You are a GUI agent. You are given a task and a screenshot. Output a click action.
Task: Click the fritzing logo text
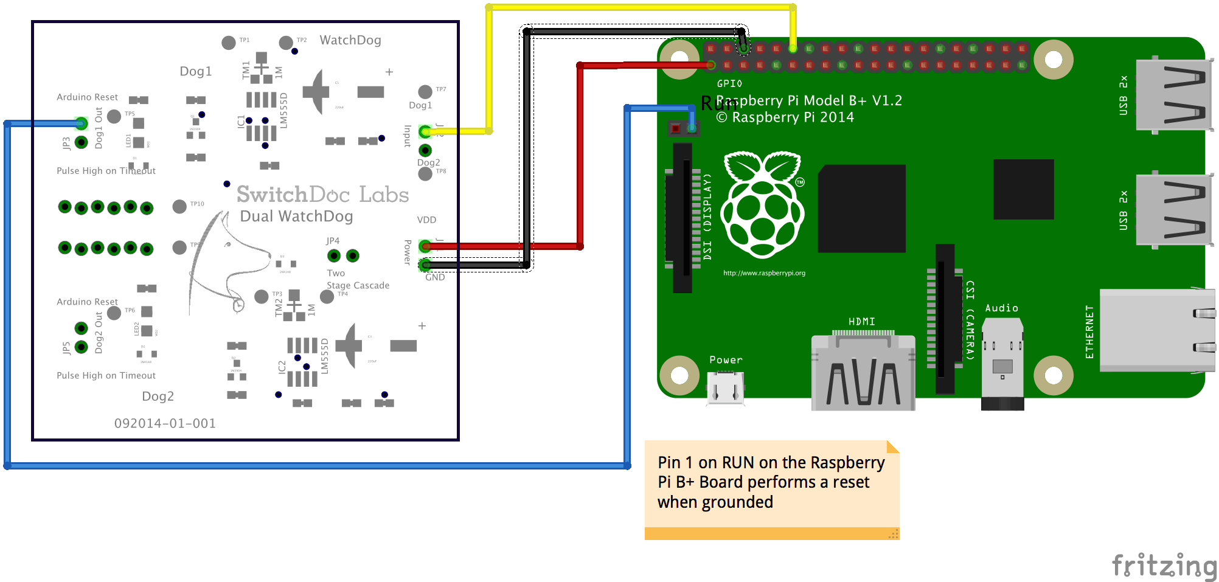(1164, 565)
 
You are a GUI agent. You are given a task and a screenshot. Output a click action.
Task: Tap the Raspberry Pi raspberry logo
(762, 204)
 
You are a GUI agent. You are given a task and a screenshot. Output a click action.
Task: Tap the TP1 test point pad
(229, 43)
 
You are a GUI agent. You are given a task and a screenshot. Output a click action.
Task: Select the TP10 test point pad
(179, 207)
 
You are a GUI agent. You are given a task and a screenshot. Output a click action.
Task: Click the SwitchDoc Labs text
(322, 195)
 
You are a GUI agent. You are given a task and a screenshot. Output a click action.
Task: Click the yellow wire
(639, 7)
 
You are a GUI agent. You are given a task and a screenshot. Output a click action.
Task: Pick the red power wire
(580, 152)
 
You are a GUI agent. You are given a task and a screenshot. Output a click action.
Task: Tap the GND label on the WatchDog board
(435, 277)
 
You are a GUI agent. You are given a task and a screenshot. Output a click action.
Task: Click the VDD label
(426, 220)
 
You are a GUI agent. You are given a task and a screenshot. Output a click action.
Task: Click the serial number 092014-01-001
(165, 423)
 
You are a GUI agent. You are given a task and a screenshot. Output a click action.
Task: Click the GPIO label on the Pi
(729, 84)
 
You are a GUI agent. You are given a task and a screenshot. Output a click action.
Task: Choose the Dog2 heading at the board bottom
(158, 397)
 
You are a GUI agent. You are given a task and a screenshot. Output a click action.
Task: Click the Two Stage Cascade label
(358, 279)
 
